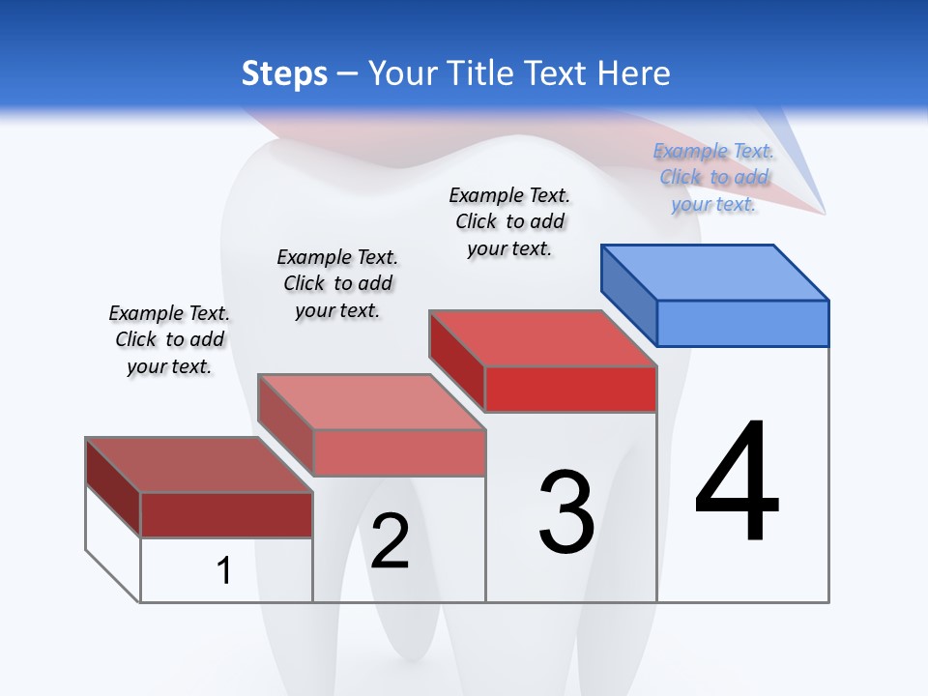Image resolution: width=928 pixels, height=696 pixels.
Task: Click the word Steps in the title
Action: tap(284, 73)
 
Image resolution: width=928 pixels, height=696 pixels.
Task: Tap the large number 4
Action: tap(737, 482)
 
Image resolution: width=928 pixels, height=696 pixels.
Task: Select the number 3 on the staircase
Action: tap(566, 512)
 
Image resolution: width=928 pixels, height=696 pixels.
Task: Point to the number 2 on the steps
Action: tap(390, 541)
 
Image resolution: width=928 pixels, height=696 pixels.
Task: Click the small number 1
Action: tap(223, 570)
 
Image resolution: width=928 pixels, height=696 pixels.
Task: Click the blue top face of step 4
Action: tap(715, 272)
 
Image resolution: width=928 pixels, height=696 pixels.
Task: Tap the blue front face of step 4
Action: tap(742, 323)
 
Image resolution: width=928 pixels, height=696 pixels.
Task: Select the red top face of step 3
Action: tap(544, 338)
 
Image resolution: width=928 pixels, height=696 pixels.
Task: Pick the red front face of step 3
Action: tap(570, 389)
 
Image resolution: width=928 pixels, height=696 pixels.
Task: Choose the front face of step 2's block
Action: tap(399, 452)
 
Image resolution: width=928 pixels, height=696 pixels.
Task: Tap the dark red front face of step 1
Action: tap(226, 514)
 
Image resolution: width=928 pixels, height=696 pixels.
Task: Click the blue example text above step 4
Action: tap(713, 178)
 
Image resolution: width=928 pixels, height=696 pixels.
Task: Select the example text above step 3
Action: tap(509, 221)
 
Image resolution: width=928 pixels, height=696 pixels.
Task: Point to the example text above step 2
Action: tap(337, 283)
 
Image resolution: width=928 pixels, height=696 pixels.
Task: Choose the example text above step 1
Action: tap(169, 339)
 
